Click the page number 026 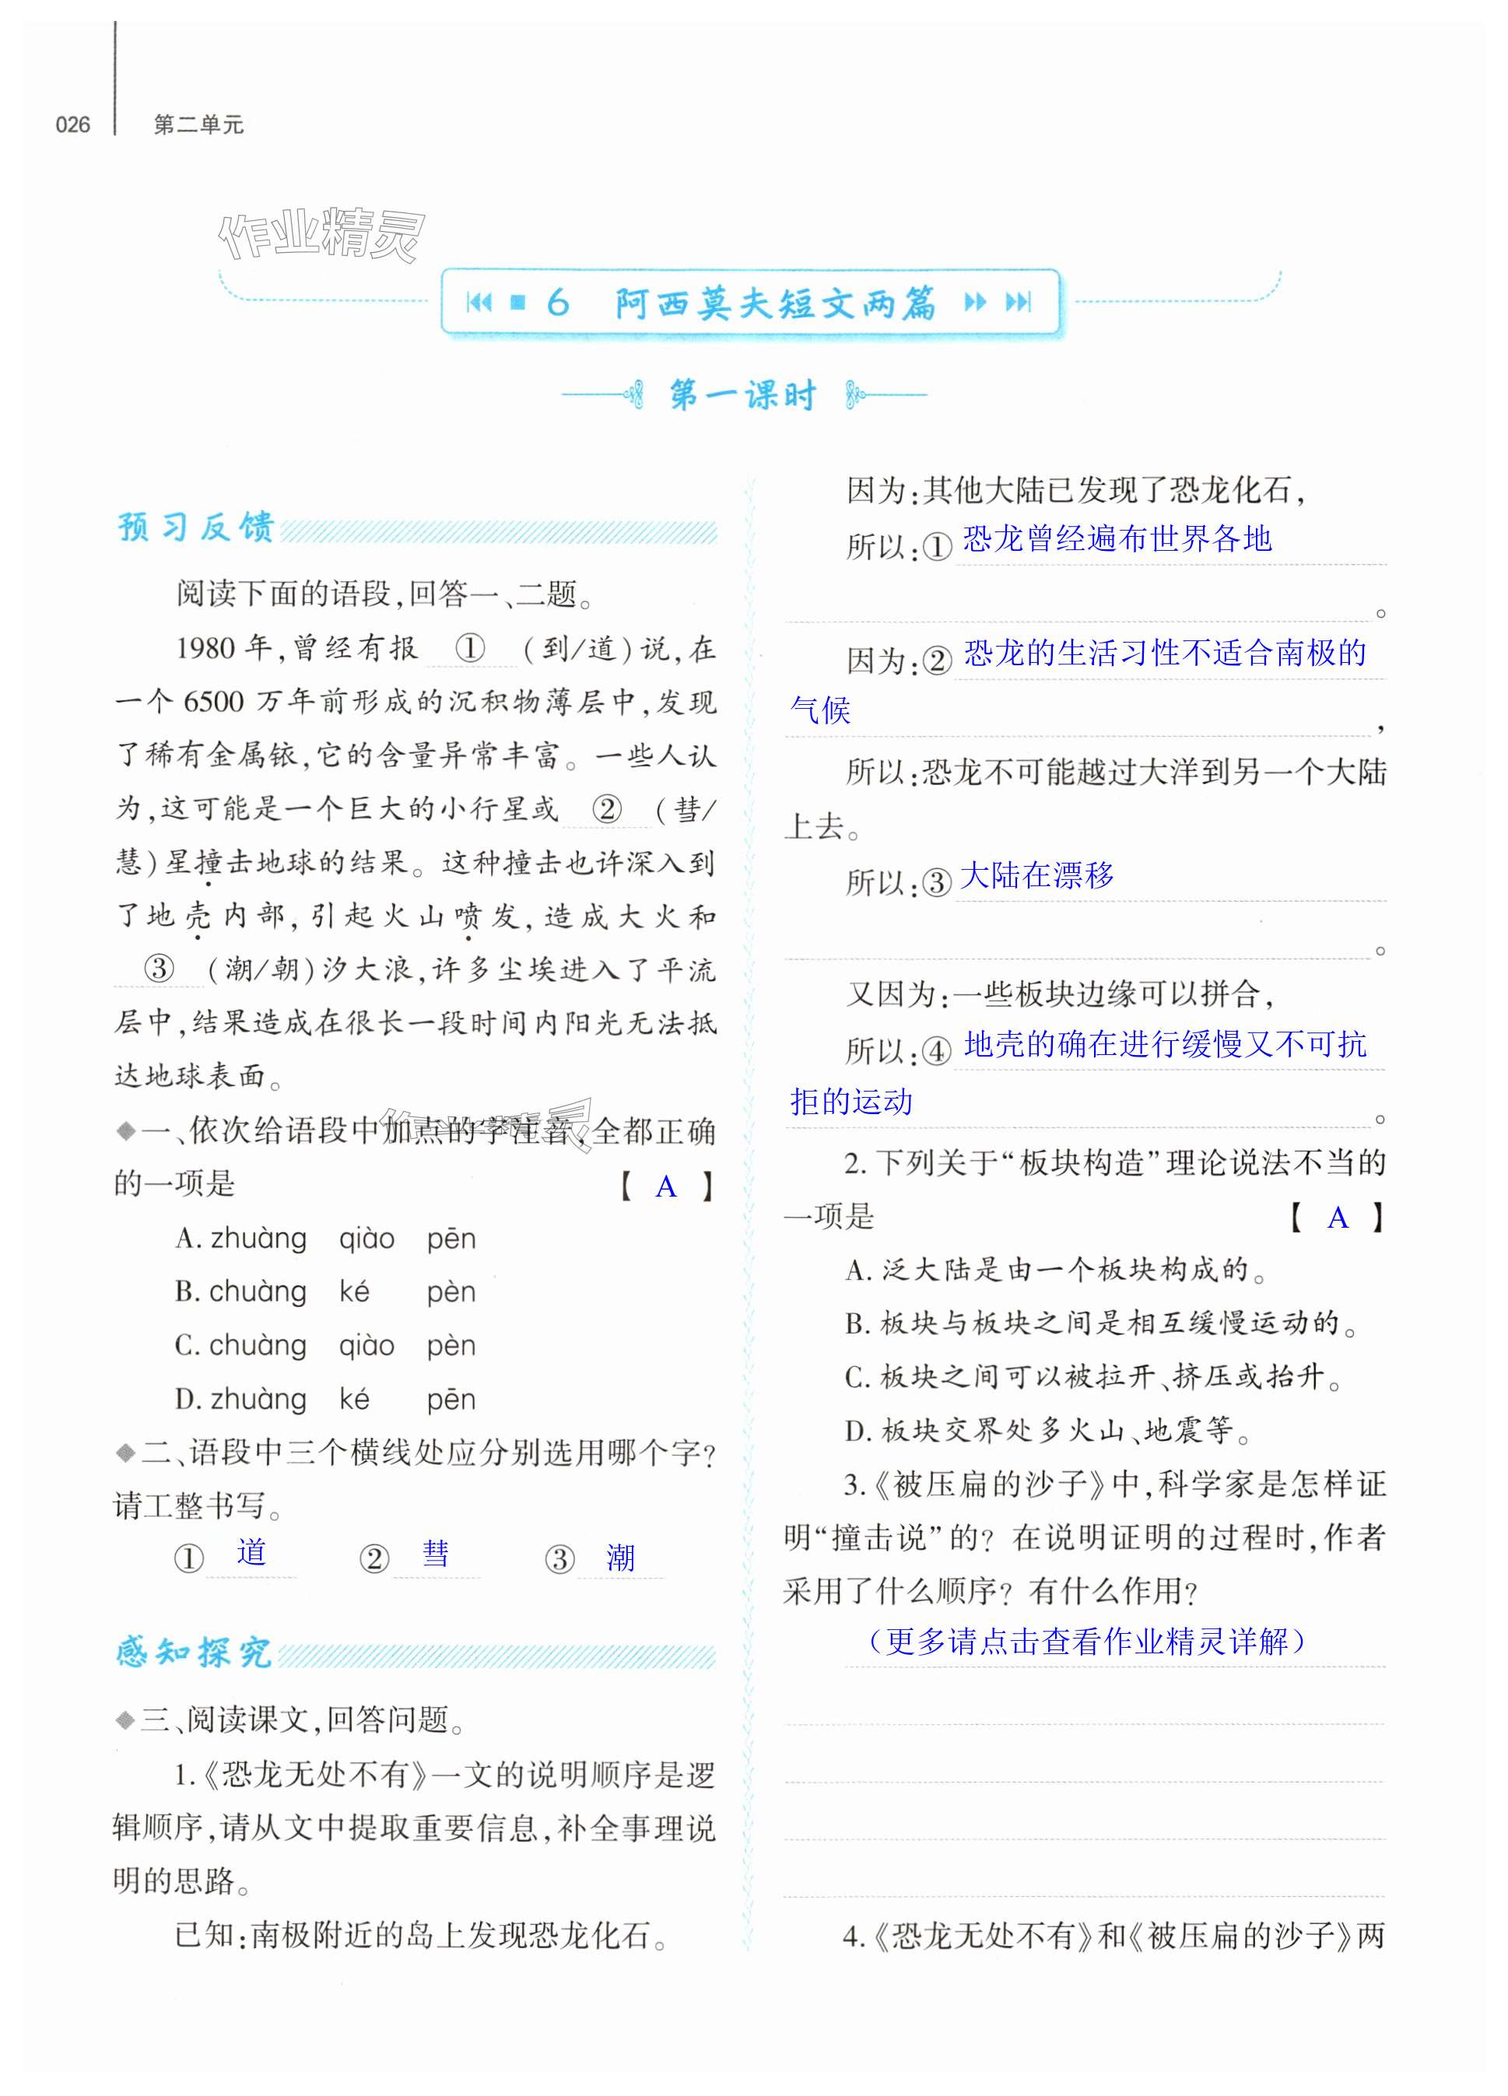[x=73, y=124]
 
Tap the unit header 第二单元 [x=198, y=124]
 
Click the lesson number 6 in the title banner [x=557, y=302]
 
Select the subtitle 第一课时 [x=743, y=395]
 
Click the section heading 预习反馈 [x=196, y=527]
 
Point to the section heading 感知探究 [x=194, y=1652]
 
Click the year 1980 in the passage [x=205, y=648]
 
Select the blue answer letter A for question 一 [x=665, y=1187]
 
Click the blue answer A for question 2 [x=1337, y=1219]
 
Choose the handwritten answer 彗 [x=435, y=1554]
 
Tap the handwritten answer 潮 [x=620, y=1558]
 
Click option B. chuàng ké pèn [x=325, y=1291]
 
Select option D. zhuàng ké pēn [x=325, y=1399]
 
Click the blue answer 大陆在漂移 [x=1036, y=875]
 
